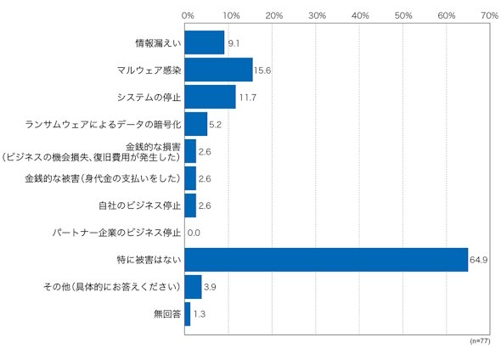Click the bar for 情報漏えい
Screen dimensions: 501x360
(205, 42)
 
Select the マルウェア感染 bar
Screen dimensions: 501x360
(218, 70)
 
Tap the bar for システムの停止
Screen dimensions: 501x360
(211, 97)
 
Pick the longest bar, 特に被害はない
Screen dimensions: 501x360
(326, 260)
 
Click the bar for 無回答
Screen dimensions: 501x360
(188, 314)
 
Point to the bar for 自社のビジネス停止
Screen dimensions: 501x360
(190, 205)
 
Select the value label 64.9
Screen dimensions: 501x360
(478, 260)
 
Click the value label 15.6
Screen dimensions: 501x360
(262, 70)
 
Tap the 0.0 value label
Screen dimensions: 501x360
(194, 233)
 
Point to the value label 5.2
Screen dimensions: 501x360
(215, 125)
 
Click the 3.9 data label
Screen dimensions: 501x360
(210, 287)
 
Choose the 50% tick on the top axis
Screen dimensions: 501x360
(403, 15)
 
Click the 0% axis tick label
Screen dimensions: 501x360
(188, 15)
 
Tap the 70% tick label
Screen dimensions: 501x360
(489, 15)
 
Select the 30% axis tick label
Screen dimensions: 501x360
(317, 15)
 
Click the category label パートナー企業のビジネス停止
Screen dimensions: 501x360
(116, 233)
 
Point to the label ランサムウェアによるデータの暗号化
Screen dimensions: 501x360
(103, 124)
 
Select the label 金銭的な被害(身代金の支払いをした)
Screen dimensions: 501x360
(103, 178)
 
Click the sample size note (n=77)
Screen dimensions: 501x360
(480, 341)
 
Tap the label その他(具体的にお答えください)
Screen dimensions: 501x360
(112, 287)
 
